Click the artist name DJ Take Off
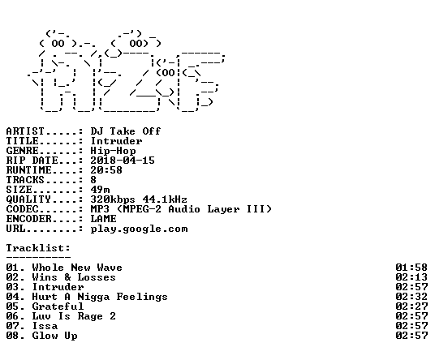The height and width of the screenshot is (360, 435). pos(126,131)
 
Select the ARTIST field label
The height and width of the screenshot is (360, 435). pos(25,131)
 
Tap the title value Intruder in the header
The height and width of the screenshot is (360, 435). pos(116,141)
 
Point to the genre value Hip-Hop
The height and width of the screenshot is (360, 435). pos(113,151)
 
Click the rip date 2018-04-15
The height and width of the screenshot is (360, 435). pos(123,161)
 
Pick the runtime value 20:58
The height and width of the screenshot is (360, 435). pos(106,170)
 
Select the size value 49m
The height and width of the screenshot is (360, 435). pos(100,190)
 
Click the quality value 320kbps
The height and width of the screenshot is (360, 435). pos(113,199)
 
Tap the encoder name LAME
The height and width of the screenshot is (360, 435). pos(104,219)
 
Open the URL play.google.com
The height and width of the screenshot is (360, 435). pos(140,229)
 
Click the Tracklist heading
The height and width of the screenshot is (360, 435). pos(38,248)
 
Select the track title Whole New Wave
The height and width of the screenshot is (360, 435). pos(77,268)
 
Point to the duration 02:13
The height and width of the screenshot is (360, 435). pos(411,277)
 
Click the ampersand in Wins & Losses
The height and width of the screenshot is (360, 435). pos(67,277)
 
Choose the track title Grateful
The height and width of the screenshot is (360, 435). pos(58,306)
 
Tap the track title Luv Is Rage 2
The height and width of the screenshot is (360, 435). pos(74,316)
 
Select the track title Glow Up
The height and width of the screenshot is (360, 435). pos(55,336)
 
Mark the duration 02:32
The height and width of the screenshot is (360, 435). pos(411,297)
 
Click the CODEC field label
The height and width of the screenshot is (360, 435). pos(22,209)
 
